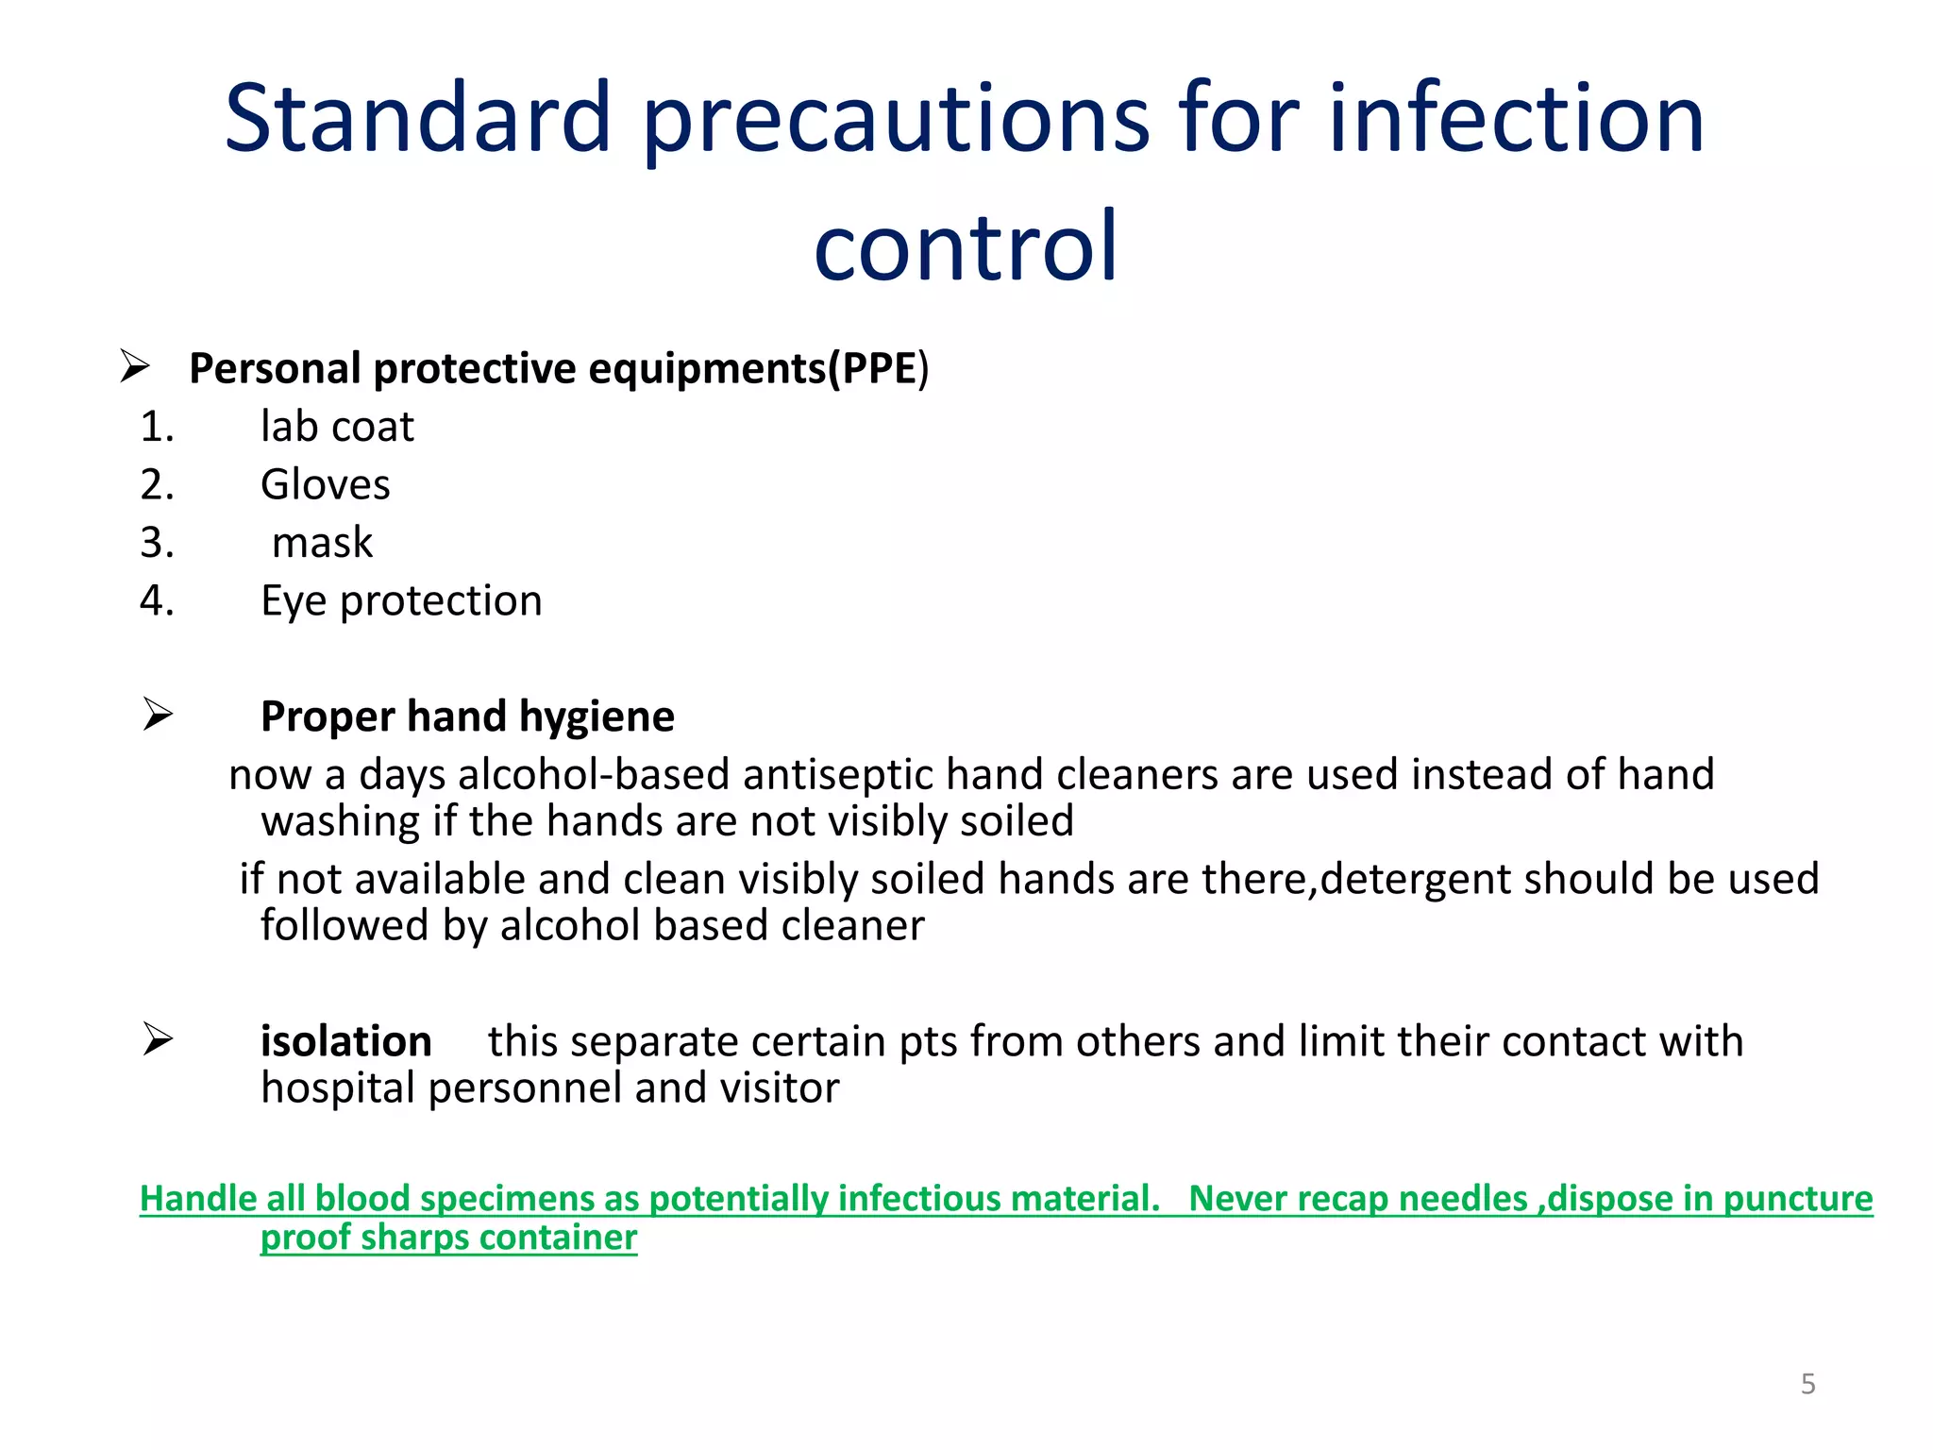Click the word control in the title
(966, 247)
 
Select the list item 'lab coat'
(337, 427)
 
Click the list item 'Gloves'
(325, 485)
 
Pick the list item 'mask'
(322, 543)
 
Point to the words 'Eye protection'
(401, 601)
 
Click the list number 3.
(157, 543)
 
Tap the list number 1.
(157, 427)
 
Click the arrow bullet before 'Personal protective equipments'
(135, 366)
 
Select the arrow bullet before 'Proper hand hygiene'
(158, 715)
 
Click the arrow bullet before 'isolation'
(158, 1039)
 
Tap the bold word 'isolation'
(345, 1041)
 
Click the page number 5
(1807, 1384)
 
